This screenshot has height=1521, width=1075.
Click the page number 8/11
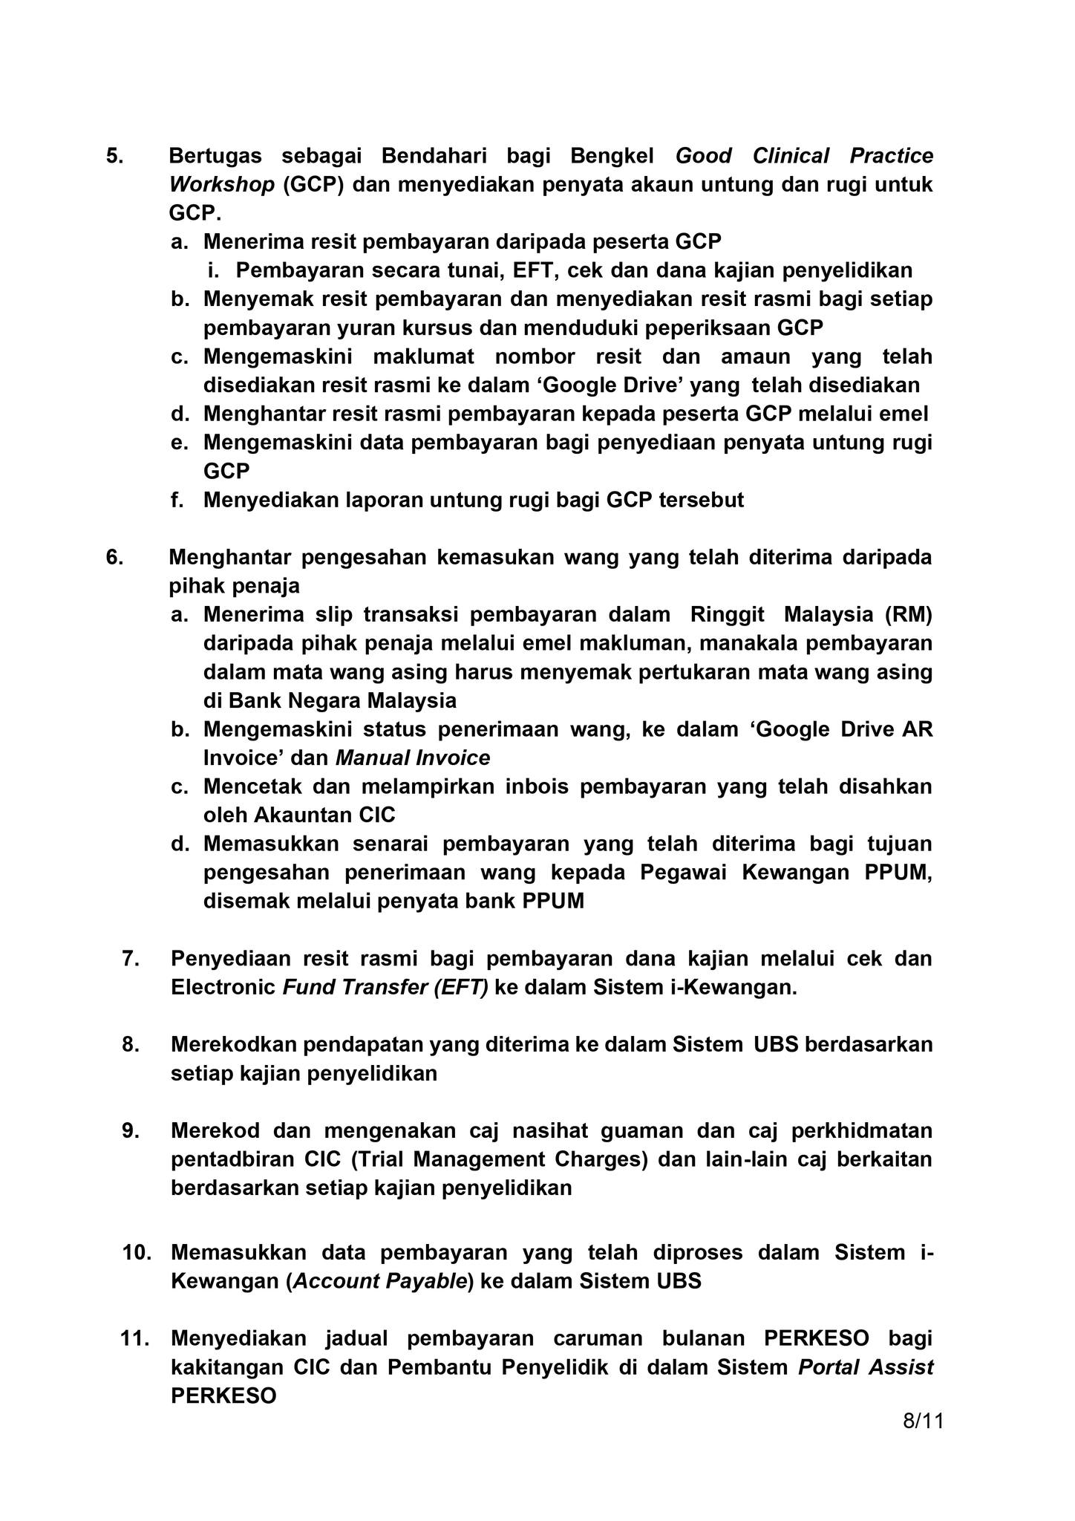(x=923, y=1421)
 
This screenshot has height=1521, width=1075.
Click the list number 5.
(x=115, y=156)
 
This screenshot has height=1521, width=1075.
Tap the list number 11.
(x=134, y=1338)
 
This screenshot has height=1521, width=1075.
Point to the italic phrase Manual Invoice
(x=413, y=758)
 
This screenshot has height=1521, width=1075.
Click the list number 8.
(x=131, y=1044)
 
